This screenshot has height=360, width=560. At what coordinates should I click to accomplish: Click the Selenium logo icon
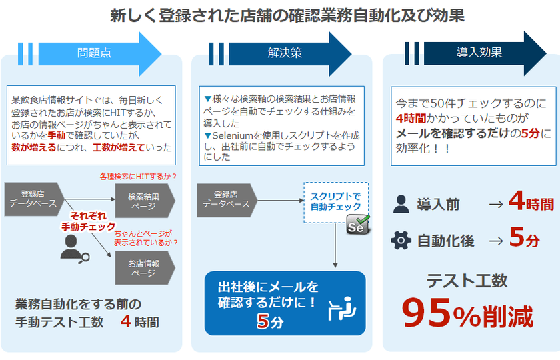[x=358, y=225]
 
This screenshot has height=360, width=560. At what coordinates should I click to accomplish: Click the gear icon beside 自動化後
[x=401, y=240]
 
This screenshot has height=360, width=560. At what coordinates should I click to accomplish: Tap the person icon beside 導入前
[x=401, y=204]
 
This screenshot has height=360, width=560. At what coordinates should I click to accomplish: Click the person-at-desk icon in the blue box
[x=342, y=309]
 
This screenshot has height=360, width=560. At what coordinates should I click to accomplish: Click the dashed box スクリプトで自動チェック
[x=336, y=202]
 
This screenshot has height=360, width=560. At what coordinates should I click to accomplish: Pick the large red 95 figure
[x=427, y=313]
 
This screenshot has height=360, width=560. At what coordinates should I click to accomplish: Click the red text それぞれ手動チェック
[x=88, y=221]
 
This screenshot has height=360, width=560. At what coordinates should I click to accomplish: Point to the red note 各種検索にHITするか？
[x=138, y=177]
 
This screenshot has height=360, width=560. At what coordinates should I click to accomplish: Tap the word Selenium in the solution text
[x=233, y=136]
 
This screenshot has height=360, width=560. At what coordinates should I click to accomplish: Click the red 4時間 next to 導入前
[x=531, y=201]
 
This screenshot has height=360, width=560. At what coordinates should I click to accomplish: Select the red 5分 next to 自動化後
[x=524, y=238]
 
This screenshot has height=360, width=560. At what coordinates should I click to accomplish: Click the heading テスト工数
[x=467, y=281]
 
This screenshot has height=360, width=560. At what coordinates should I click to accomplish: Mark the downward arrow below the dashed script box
[x=335, y=246]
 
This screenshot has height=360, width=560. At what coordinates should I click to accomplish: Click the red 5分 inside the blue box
[x=270, y=321]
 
